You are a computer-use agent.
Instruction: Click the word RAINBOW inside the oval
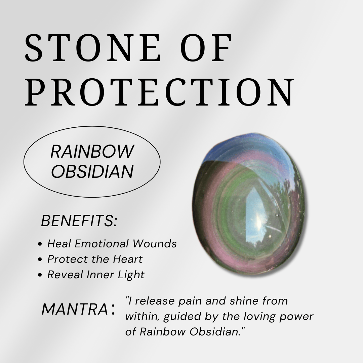click(92, 152)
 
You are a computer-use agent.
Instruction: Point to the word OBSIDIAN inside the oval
click(92, 171)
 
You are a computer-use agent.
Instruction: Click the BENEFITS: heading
click(79, 221)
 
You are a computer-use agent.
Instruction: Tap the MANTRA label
click(74, 310)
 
